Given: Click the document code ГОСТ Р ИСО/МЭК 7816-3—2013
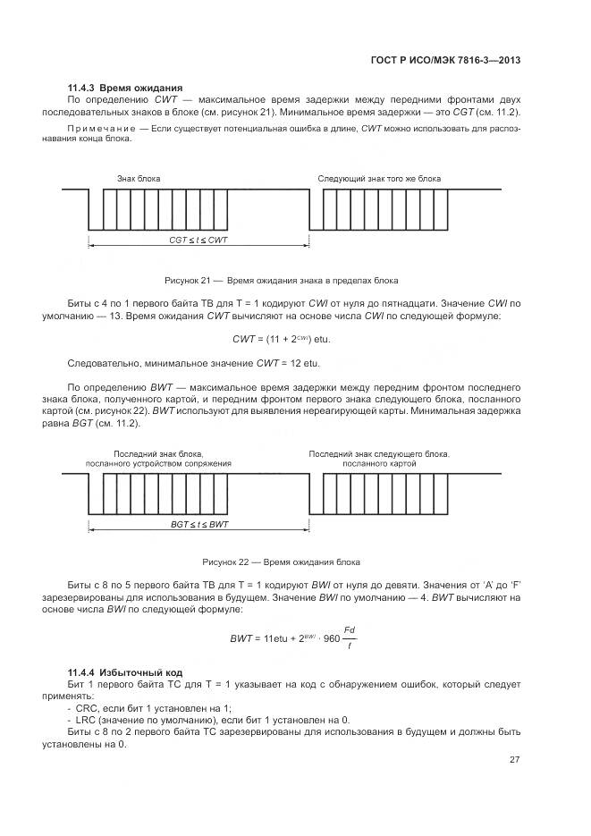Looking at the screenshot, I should click(445, 60).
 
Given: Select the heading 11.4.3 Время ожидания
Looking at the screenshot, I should click(125, 88).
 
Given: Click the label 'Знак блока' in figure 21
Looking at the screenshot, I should click(139, 179).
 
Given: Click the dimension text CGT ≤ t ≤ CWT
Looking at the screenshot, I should click(198, 241).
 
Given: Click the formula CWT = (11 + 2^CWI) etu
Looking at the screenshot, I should click(287, 339).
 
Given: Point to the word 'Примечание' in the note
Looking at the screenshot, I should click(100, 129).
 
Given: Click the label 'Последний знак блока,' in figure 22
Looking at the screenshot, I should click(158, 453).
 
